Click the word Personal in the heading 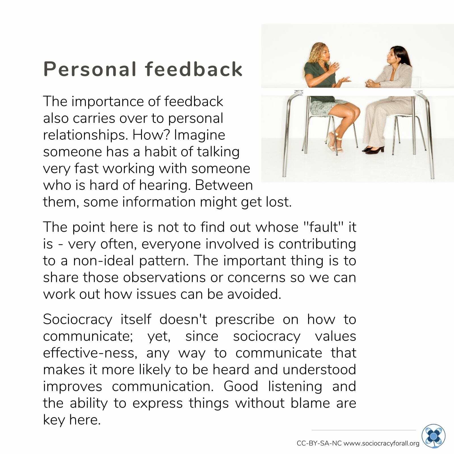90,69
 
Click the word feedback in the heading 194,69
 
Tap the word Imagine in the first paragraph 199,135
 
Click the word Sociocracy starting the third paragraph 78,320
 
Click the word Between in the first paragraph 224,185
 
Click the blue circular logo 433,436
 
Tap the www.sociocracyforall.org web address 381,443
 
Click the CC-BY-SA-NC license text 319,443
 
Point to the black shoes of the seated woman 374,150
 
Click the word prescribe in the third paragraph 245,320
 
